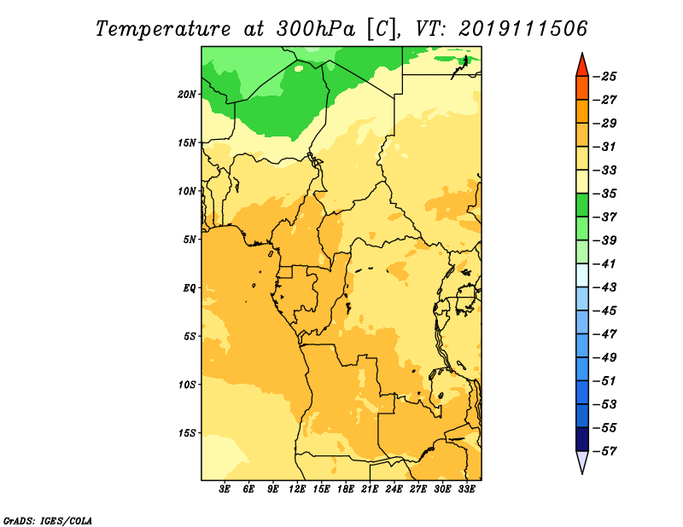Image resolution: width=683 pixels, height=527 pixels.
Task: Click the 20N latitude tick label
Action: [187, 95]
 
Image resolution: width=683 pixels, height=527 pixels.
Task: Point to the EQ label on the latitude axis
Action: [189, 288]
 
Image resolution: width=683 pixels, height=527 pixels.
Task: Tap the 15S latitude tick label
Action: [187, 433]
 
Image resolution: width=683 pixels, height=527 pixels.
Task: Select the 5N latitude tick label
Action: [190, 240]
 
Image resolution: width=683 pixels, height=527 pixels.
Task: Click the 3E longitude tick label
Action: [225, 489]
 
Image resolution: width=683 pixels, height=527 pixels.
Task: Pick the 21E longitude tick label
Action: [370, 489]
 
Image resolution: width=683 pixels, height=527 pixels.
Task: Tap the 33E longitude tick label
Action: [466, 489]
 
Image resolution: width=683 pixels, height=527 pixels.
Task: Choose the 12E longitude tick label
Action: [297, 489]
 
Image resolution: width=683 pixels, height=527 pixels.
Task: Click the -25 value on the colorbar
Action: [605, 77]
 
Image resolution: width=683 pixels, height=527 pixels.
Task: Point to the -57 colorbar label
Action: [605, 451]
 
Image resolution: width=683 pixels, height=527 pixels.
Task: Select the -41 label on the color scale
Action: [605, 263]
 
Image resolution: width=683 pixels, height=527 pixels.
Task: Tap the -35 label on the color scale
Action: [605, 194]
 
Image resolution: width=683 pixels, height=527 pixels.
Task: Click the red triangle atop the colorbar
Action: [582, 67]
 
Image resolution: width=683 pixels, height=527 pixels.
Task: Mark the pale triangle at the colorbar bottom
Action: [582, 460]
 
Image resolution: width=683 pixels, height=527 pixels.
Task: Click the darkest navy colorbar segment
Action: [582, 439]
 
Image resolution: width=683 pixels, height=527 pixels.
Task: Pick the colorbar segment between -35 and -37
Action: [582, 206]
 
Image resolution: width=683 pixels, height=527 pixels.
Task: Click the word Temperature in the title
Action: [163, 29]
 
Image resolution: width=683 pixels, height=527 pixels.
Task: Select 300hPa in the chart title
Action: [316, 29]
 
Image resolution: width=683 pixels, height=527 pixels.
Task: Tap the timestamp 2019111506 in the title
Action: [522, 29]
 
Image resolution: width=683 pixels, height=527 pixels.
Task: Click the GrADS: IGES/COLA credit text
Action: [48, 521]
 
